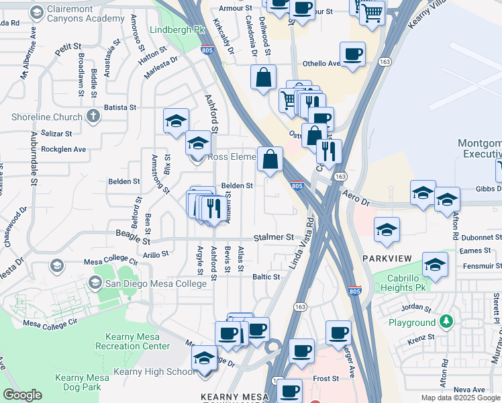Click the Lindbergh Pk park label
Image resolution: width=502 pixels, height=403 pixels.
click(x=177, y=30)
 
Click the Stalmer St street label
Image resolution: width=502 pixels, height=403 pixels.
click(x=274, y=238)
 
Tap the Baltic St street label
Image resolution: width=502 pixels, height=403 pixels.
click(x=266, y=277)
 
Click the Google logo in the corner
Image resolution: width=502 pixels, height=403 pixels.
click(x=22, y=395)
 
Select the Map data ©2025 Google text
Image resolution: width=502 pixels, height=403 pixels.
click(x=460, y=398)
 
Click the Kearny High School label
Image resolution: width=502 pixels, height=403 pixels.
click(x=154, y=371)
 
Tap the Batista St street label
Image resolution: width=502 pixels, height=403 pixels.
click(x=120, y=107)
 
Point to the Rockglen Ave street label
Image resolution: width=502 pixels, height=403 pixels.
click(x=64, y=149)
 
